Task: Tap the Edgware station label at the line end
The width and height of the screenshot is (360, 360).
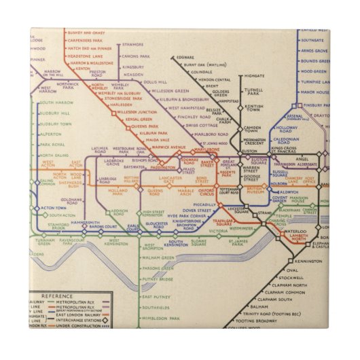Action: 185,58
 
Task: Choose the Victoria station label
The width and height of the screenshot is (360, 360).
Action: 219,231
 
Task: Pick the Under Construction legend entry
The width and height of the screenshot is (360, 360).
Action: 80,325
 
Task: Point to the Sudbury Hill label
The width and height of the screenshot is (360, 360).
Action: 54,113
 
